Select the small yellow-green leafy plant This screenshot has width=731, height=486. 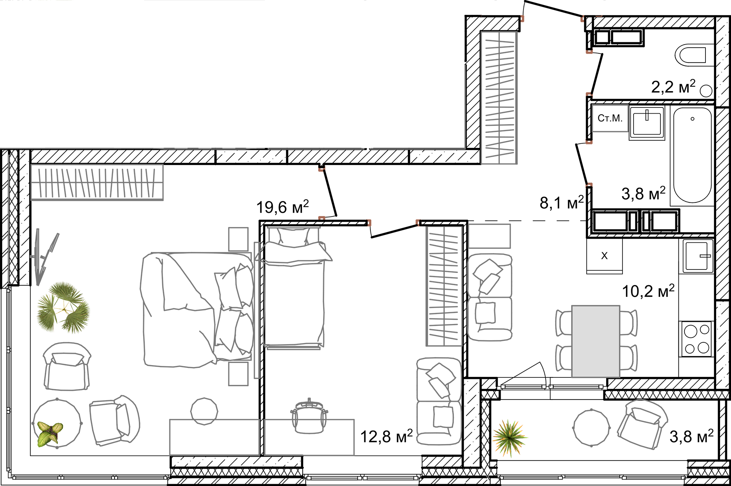49,433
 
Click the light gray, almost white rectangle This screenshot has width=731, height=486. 595,341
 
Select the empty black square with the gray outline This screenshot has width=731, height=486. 316,109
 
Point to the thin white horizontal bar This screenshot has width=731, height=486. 552,387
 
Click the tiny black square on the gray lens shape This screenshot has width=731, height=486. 640,402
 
